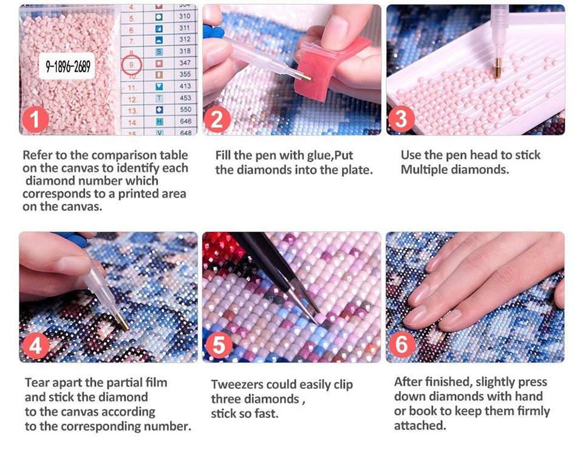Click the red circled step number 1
[35, 120]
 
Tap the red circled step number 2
[217, 120]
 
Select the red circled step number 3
[401, 119]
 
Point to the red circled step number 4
[36, 346]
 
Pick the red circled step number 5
[219, 345]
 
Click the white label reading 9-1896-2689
[67, 66]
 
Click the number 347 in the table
[185, 63]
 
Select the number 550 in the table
[185, 109]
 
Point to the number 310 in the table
[185, 16]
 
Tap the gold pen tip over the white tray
[497, 68]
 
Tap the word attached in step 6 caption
[420, 425]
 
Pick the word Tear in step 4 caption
[36, 383]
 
